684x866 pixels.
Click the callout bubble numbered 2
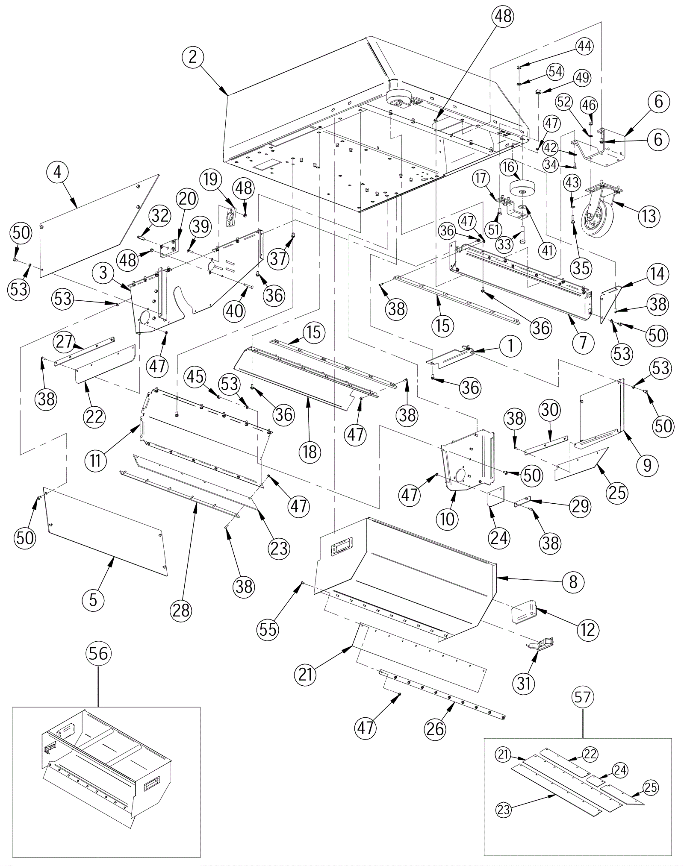(193, 57)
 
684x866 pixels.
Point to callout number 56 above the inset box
(98, 653)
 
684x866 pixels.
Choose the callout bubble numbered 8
(573, 581)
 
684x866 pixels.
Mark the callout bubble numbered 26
(436, 728)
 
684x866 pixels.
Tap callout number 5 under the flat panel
(93, 600)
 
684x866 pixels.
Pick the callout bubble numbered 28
(181, 611)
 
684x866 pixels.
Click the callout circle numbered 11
(95, 461)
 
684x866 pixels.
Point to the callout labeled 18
(310, 451)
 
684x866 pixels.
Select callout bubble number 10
(447, 519)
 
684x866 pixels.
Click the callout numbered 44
(584, 46)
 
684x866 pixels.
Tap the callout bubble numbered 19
(211, 180)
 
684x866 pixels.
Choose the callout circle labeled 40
(235, 311)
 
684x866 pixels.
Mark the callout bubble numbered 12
(588, 629)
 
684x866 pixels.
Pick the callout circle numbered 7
(584, 343)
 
